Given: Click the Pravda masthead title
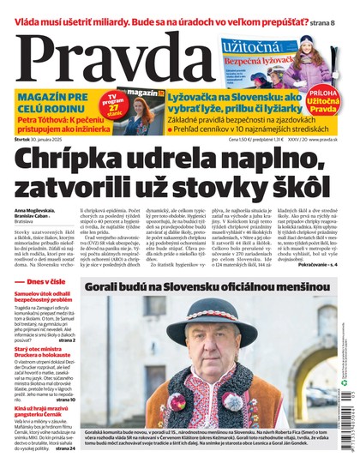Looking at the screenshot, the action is (x=94, y=62).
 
